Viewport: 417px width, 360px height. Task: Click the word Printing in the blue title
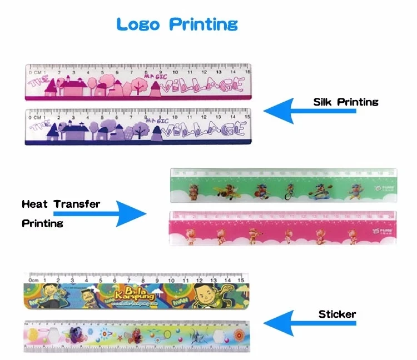tap(203, 25)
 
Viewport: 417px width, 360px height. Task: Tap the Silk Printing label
tap(345, 102)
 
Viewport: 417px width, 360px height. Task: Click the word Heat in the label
tap(34, 204)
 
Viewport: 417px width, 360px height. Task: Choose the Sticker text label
tap(337, 314)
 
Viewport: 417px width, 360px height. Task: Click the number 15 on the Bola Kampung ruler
tap(240, 281)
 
